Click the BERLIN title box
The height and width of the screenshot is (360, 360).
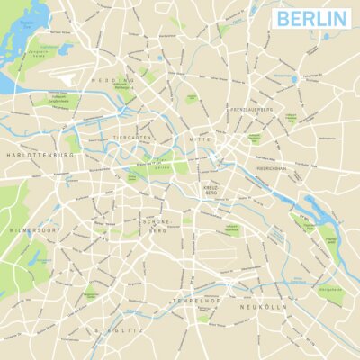click(x=311, y=18)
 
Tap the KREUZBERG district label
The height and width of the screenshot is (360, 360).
click(x=212, y=190)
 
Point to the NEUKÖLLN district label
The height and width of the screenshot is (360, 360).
click(x=262, y=307)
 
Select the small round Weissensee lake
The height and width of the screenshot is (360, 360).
click(x=294, y=79)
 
